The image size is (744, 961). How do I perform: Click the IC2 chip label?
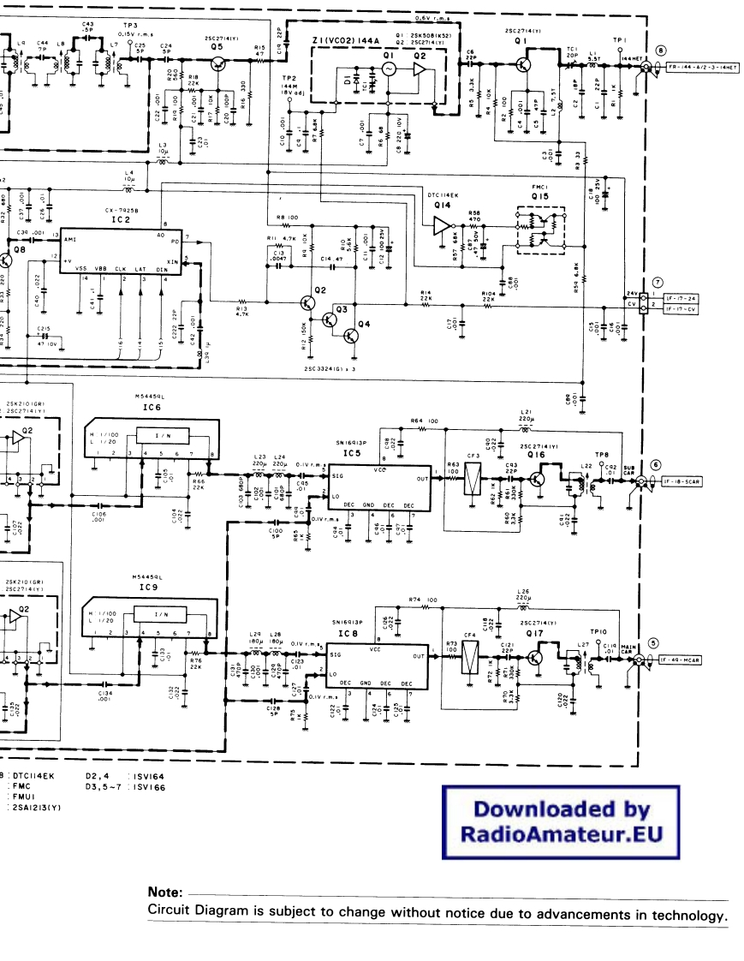pos(120,220)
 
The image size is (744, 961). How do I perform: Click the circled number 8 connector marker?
pos(660,51)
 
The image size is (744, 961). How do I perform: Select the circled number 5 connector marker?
pos(652,643)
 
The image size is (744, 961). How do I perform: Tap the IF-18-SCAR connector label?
pos(682,481)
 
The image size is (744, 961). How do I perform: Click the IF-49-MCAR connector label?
pos(683,660)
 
